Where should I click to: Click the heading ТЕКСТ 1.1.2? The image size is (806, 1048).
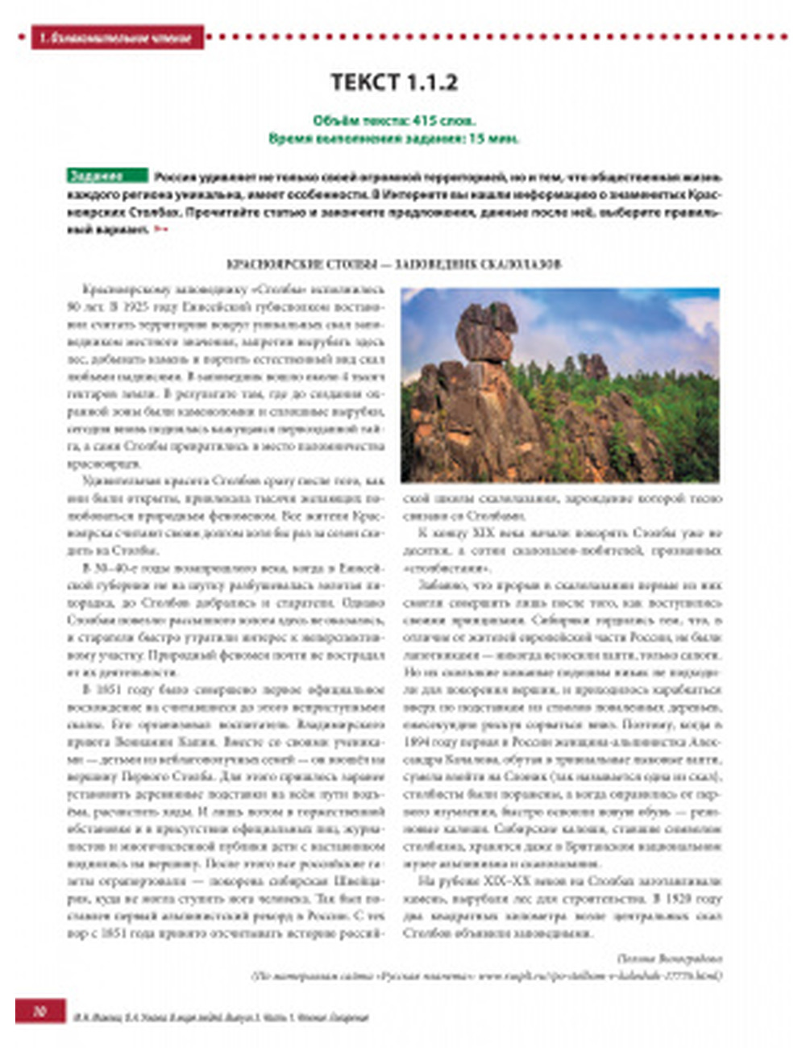tap(394, 83)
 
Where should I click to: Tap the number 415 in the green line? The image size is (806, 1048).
tap(425, 121)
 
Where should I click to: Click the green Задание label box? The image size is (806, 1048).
tap(107, 176)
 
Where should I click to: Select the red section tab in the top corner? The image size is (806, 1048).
tap(118, 37)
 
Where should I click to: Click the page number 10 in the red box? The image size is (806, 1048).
tap(39, 1011)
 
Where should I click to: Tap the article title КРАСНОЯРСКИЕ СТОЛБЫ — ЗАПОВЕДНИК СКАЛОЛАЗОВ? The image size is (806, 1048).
tap(394, 264)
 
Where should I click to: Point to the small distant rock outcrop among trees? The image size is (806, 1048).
tap(596, 367)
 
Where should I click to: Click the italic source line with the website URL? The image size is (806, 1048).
tap(487, 975)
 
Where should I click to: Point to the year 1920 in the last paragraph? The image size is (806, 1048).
tap(707, 898)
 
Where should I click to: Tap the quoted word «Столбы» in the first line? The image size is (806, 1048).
tap(269, 289)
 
